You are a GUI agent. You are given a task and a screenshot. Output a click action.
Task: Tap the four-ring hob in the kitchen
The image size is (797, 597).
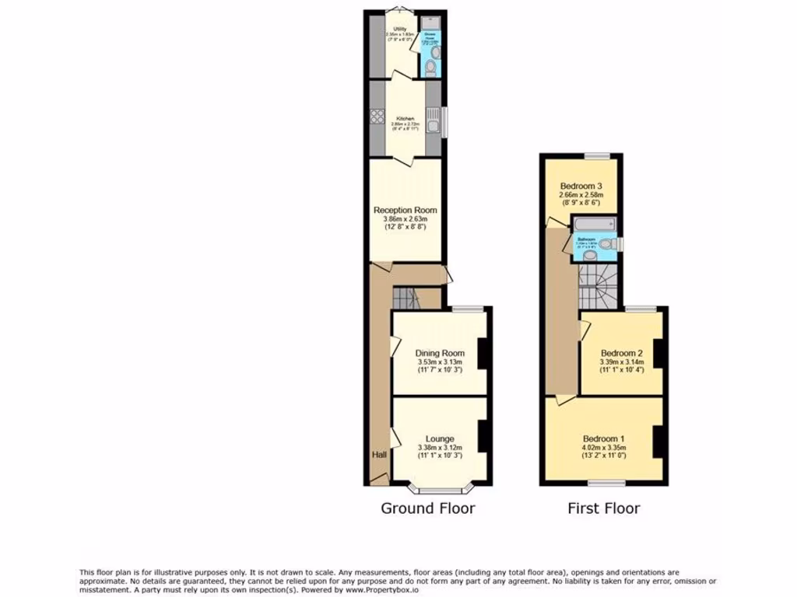tap(377, 117)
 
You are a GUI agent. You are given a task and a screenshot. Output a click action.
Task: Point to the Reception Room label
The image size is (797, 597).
tap(406, 210)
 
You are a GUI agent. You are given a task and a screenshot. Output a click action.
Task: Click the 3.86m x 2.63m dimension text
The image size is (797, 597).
tap(406, 219)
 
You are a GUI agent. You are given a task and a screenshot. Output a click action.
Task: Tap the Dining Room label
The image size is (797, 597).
tap(440, 353)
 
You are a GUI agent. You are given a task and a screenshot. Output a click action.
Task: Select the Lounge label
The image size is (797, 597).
tap(440, 438)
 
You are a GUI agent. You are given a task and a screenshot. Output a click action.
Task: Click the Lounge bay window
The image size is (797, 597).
tap(441, 490)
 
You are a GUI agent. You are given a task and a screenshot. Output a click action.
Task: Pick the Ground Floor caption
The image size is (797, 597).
tap(427, 508)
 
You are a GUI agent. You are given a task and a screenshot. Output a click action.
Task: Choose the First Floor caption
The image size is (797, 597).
tap(603, 508)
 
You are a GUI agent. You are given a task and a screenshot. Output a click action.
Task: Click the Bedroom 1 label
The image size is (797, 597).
tap(604, 438)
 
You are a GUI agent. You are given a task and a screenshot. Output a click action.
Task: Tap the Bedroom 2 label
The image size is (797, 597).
tap(620, 352)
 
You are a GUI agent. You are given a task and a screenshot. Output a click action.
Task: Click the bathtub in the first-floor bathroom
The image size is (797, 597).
tap(595, 227)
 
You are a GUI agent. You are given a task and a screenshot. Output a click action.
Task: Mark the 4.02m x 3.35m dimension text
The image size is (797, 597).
tap(604, 448)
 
